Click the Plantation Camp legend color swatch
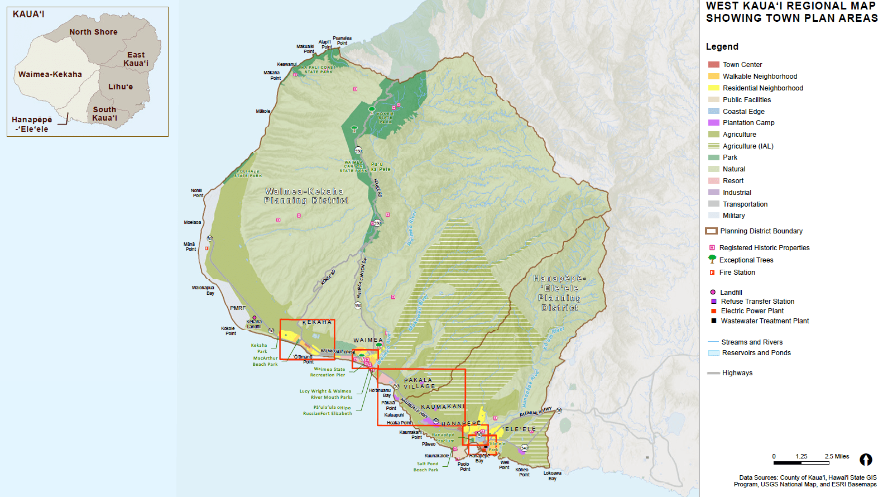[x=713, y=123]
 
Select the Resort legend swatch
[x=713, y=181]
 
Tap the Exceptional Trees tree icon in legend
[x=712, y=259]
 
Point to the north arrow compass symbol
[x=866, y=460]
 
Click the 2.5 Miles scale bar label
[x=837, y=456]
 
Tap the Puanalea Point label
[x=342, y=40]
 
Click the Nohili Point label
[x=197, y=193]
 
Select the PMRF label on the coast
[x=238, y=308]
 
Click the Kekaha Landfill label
[x=254, y=324]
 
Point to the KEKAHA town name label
[x=317, y=322]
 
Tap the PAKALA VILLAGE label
[x=419, y=383]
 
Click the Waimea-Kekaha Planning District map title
[x=306, y=195]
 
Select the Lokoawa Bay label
[x=553, y=475]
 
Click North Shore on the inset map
[x=93, y=32]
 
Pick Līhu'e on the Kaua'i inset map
[x=121, y=87]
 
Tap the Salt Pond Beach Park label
[x=427, y=466]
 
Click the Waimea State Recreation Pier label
[x=329, y=372]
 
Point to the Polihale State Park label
[x=248, y=173]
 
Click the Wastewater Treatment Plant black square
[x=713, y=321]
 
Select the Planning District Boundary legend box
[x=711, y=231]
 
